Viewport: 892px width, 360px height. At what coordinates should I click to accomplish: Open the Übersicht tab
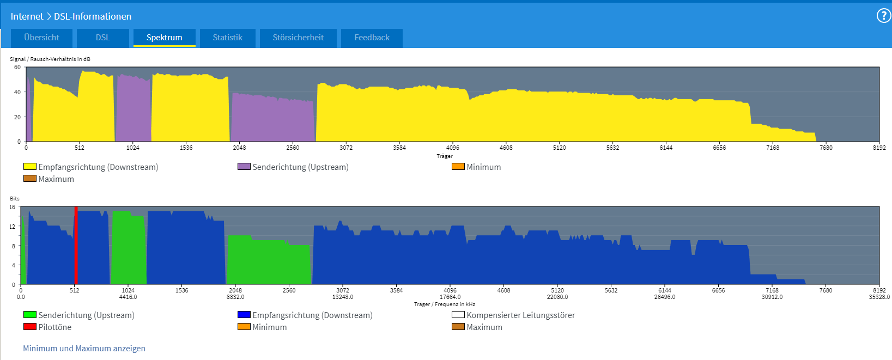[42, 38]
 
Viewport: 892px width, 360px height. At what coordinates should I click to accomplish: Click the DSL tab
[103, 38]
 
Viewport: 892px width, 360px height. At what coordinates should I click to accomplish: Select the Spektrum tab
[164, 38]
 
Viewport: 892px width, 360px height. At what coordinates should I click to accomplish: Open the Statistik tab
[227, 38]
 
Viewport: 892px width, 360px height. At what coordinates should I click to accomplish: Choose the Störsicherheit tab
[298, 38]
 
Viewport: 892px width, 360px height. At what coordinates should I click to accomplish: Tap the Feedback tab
[372, 38]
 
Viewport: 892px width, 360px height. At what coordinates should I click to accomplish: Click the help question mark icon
[883, 16]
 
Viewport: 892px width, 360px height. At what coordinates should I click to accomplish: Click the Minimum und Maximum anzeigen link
[84, 349]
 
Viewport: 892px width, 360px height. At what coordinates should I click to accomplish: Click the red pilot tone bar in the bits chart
[76, 245]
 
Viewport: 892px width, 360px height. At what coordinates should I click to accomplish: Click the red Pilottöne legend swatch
[30, 327]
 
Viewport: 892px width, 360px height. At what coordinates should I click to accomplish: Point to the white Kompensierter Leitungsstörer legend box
[458, 315]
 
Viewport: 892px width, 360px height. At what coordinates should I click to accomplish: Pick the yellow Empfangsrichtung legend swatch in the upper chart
[30, 167]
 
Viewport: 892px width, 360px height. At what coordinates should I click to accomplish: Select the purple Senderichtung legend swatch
[244, 167]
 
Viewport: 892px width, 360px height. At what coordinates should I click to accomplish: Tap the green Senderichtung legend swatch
[30, 315]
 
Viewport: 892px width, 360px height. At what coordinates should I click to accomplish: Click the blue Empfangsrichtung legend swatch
[244, 315]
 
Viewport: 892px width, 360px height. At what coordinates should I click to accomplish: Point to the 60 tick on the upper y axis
[17, 68]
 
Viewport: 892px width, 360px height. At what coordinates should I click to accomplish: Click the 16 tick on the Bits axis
[13, 208]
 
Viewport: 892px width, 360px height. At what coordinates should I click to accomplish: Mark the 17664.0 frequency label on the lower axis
[450, 297]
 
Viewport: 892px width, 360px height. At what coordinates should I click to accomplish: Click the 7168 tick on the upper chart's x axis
[773, 148]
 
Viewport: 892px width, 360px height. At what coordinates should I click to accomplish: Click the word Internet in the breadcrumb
[27, 16]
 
